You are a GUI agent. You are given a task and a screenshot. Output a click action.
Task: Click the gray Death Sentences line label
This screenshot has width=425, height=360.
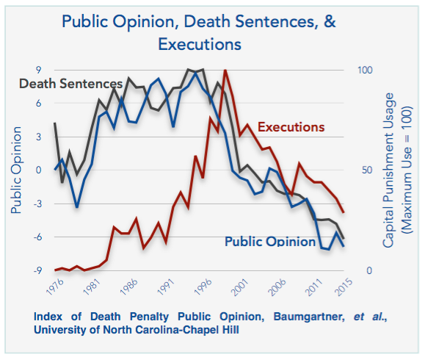(70, 84)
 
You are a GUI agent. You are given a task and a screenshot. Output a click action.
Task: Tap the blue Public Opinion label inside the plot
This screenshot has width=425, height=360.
(269, 241)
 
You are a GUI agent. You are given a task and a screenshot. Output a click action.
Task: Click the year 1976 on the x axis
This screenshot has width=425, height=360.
(54, 287)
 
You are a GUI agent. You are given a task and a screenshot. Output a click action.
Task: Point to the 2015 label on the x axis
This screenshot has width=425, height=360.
(341, 287)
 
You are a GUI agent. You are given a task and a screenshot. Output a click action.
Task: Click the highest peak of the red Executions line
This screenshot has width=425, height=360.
(225, 71)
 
